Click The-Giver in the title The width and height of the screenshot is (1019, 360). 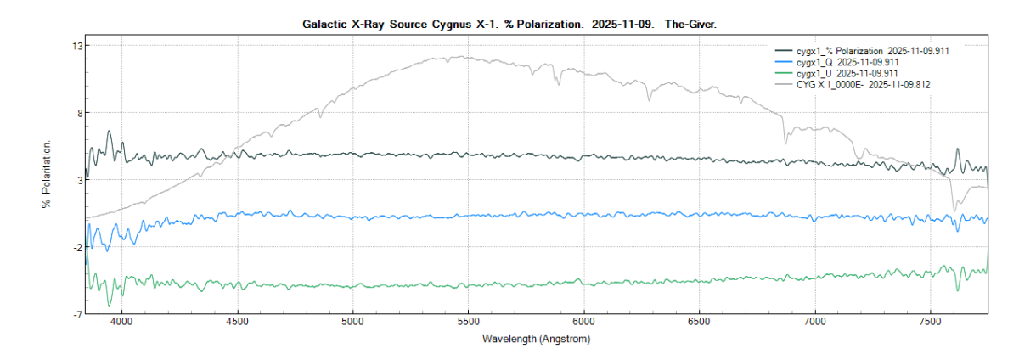[x=690, y=25]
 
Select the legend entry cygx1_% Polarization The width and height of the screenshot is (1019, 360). [x=866, y=51]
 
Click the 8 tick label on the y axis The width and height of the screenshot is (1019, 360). [x=77, y=112]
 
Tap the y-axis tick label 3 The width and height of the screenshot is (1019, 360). [x=77, y=180]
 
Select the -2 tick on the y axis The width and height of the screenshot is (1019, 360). [x=76, y=247]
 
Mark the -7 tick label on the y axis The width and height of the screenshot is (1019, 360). [x=76, y=314]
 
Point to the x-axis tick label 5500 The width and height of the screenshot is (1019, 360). [x=468, y=323]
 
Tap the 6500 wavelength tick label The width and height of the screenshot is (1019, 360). [x=699, y=323]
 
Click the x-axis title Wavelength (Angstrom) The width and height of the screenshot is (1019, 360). [x=536, y=339]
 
